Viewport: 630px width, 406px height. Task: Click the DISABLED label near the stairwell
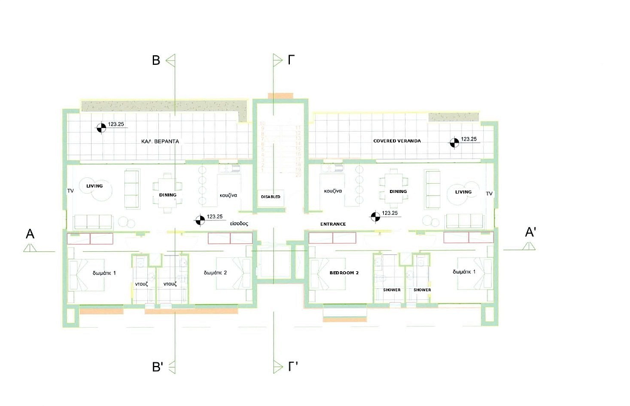click(270, 197)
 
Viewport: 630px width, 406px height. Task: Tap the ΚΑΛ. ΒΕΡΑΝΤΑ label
click(160, 141)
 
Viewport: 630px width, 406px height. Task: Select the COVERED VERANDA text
click(397, 141)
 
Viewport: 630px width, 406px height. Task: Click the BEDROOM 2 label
click(344, 273)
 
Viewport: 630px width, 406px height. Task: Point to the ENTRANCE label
click(333, 225)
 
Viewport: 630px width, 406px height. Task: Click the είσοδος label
click(239, 223)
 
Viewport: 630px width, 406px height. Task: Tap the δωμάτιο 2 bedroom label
click(215, 273)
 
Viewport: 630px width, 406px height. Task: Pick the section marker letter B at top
click(156, 60)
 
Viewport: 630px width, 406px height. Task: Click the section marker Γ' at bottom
click(293, 367)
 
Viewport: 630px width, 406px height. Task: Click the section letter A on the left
click(30, 234)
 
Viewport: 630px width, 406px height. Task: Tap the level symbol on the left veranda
click(101, 127)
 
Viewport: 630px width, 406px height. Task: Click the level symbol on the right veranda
click(454, 143)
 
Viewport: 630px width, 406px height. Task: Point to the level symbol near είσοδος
click(199, 220)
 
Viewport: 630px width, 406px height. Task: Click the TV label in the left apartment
click(70, 191)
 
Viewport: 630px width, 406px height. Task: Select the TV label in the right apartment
click(489, 194)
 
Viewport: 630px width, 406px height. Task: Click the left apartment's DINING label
click(167, 195)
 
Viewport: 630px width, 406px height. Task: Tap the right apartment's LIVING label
click(463, 192)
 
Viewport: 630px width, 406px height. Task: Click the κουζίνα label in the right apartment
click(333, 191)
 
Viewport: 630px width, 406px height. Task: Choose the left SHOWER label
click(392, 290)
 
